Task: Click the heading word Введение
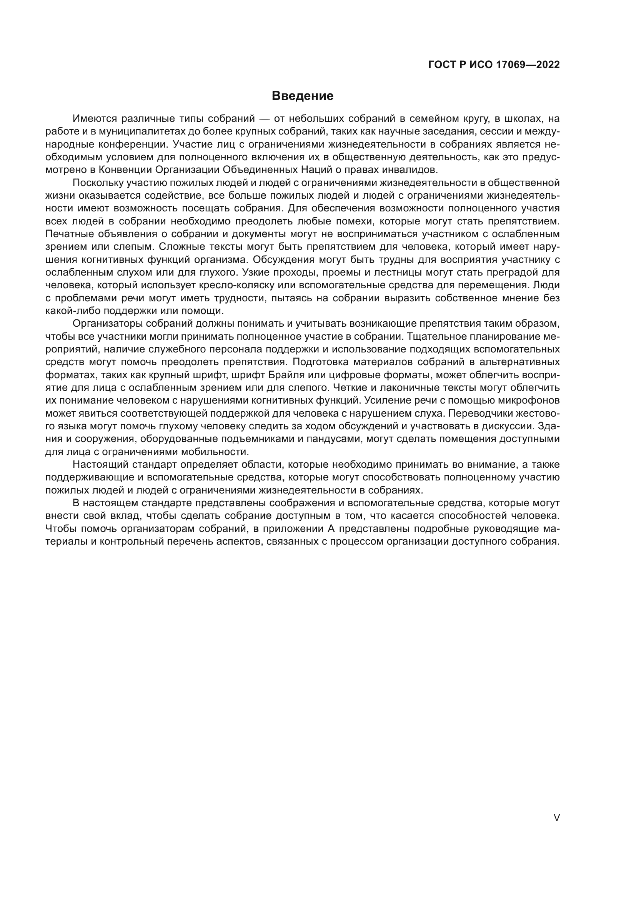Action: [x=302, y=96]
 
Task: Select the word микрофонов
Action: [x=531, y=400]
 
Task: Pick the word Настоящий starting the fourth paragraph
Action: [x=100, y=465]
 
